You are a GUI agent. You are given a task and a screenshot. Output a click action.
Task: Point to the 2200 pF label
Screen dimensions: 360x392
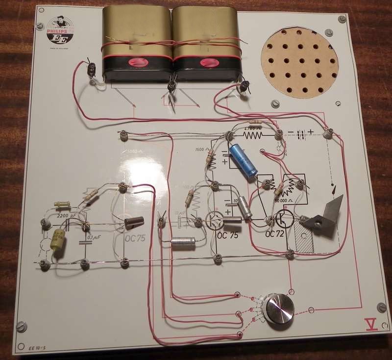[67, 215]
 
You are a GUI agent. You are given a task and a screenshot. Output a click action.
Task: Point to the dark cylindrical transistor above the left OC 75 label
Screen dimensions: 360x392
[133, 223]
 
